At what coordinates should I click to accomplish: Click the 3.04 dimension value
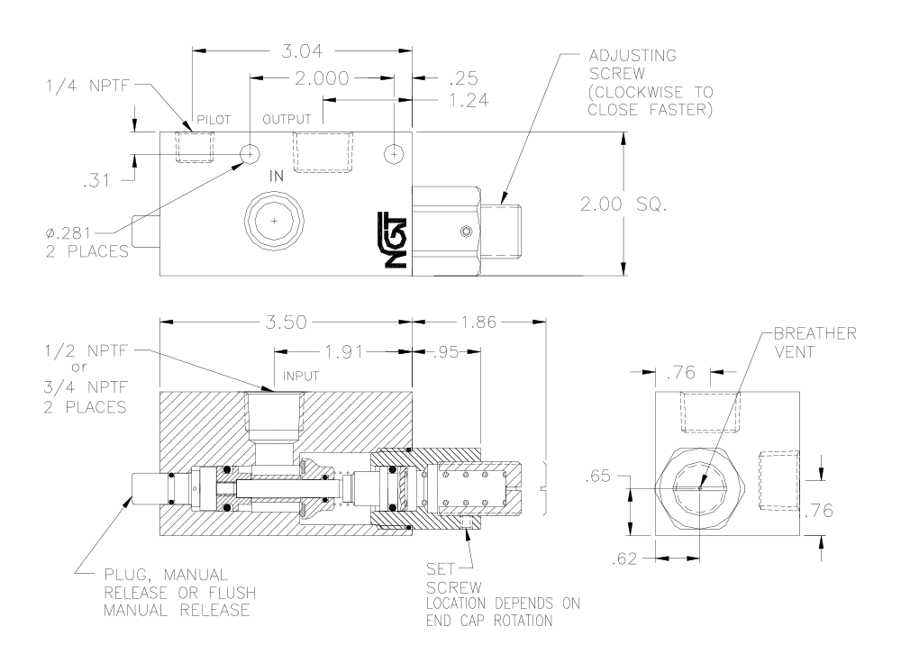click(x=302, y=51)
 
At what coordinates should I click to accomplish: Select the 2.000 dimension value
click(x=322, y=77)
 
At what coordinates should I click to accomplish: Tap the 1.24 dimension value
click(x=469, y=101)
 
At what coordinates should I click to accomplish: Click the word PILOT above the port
click(x=214, y=120)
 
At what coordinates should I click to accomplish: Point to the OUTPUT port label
click(x=287, y=120)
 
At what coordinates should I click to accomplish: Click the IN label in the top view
click(x=277, y=177)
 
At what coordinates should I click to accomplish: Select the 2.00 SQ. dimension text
click(x=623, y=204)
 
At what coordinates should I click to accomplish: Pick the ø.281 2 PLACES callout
click(x=87, y=241)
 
